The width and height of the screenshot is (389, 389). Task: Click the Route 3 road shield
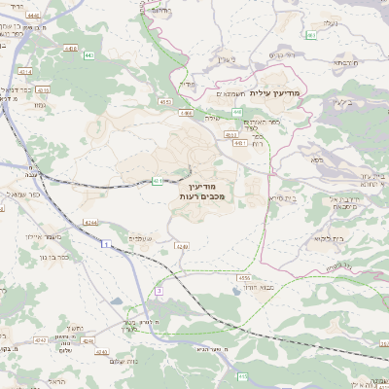click(x=158, y=290)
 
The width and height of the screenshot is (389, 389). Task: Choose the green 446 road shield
click(x=237, y=112)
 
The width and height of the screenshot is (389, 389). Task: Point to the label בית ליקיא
click(x=331, y=237)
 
